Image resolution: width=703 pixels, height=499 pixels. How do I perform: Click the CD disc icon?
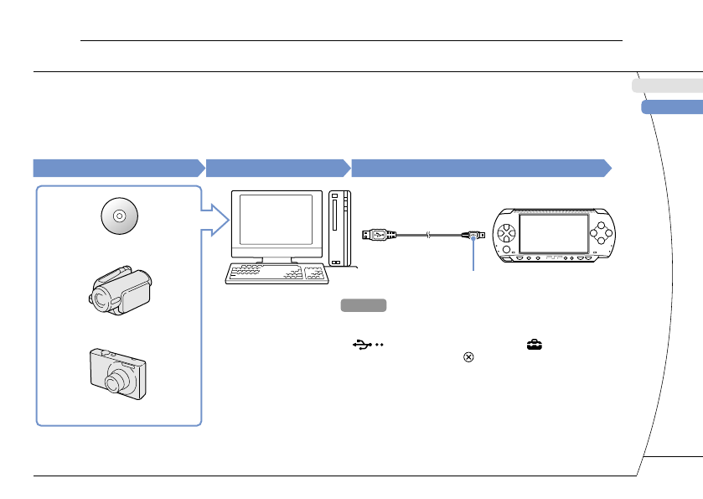(x=119, y=216)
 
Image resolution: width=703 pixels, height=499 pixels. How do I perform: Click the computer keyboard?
(x=277, y=273)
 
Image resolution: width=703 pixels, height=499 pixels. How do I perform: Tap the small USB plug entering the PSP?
(x=473, y=237)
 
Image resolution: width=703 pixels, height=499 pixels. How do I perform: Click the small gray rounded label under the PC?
(x=363, y=305)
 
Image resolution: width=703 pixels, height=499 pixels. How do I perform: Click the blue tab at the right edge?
(x=671, y=107)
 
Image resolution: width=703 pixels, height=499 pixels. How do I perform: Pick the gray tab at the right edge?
(x=667, y=85)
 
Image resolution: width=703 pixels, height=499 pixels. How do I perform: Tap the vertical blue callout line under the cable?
(x=474, y=257)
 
